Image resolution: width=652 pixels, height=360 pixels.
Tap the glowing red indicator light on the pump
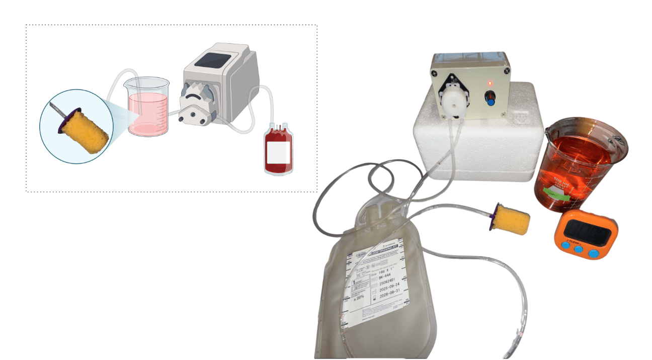click(491, 83)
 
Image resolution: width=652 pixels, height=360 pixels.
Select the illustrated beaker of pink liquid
click(146, 108)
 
